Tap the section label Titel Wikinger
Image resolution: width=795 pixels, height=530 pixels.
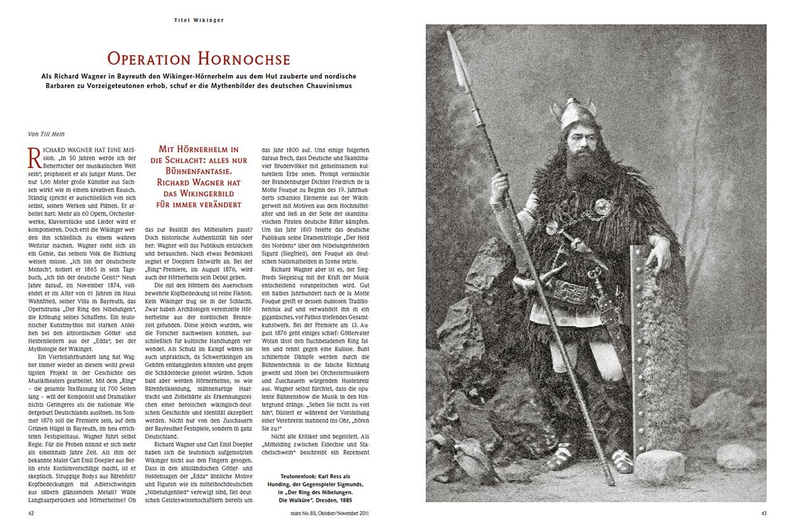[198, 20]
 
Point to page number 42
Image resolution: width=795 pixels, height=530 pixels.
[31, 512]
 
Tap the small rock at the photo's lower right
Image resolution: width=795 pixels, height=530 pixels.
[736, 456]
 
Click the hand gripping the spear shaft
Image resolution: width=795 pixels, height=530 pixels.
[501, 188]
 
